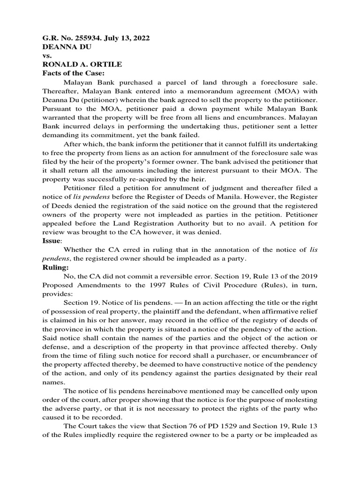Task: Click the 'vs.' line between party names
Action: coord(47,56)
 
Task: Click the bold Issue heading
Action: coord(51,240)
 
